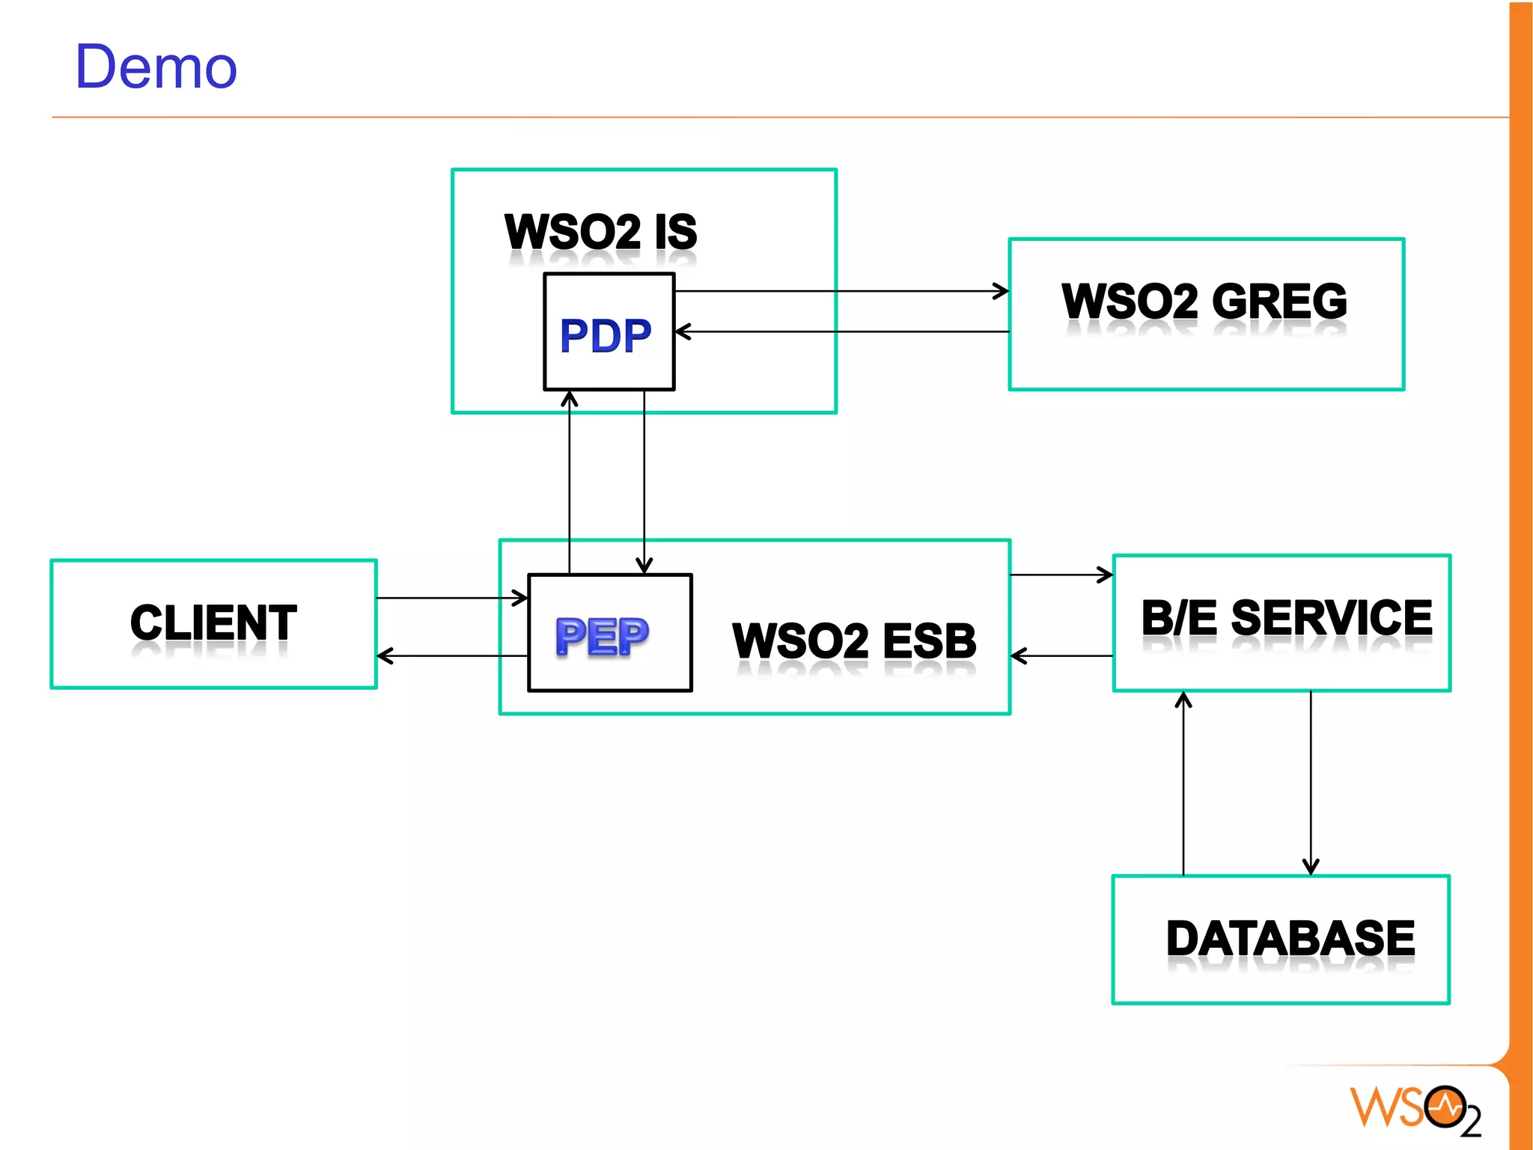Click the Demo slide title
coord(156,67)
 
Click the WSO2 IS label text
coord(600,232)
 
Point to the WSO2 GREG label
coord(1204,302)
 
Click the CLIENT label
coord(213,623)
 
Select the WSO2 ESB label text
coord(853,641)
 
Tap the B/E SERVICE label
coord(1286,618)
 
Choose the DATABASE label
coord(1290,938)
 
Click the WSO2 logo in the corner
coord(1415,1110)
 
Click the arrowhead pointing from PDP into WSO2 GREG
coord(1002,291)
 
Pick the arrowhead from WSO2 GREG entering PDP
coord(682,331)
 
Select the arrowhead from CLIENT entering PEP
coord(521,598)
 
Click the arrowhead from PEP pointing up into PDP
coord(570,399)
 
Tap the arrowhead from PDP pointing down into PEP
coord(644,566)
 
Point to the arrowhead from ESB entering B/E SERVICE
coord(1106,575)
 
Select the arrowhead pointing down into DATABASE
coord(1311,867)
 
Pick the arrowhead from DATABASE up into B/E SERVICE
coord(1183,700)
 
